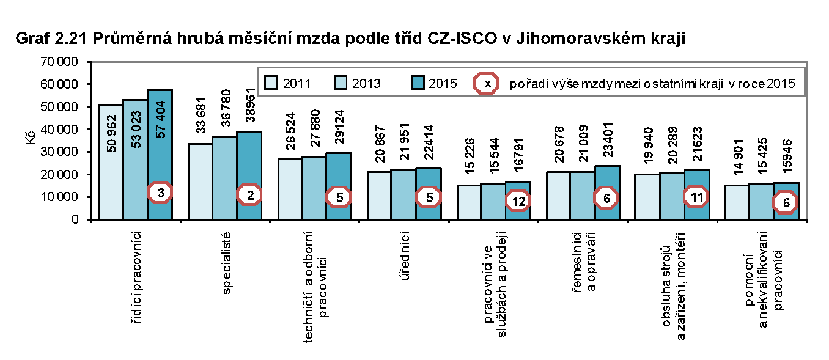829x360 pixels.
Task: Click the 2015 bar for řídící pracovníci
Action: coord(160,153)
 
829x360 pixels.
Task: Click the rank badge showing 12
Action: coord(518,201)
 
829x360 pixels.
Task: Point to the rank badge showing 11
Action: coord(696,197)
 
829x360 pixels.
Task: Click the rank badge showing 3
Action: coord(160,192)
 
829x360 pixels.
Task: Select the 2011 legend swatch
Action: coord(271,83)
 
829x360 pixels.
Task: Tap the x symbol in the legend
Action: coord(487,83)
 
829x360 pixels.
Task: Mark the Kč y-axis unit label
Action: coord(31,140)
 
